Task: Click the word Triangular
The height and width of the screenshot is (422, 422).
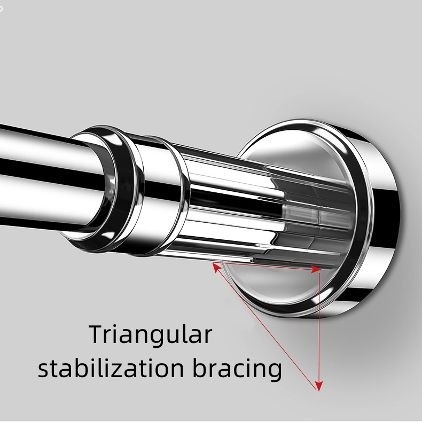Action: click(x=150, y=335)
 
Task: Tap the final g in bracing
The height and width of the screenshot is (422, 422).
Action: click(x=275, y=372)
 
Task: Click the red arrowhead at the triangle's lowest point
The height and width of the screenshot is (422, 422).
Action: click(x=319, y=385)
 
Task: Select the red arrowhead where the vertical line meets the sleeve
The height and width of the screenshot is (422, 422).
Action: click(x=318, y=270)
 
